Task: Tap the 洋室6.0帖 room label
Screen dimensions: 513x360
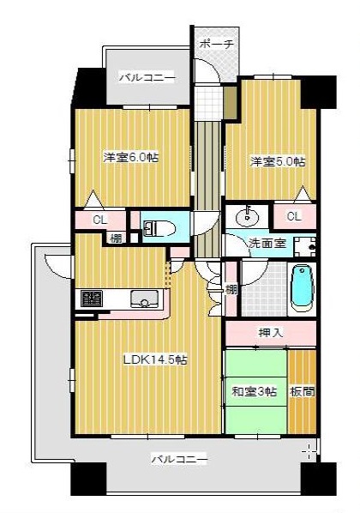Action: pyautogui.click(x=131, y=157)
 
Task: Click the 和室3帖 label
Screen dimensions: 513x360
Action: pyautogui.click(x=254, y=391)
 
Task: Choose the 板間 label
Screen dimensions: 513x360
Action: pyautogui.click(x=302, y=391)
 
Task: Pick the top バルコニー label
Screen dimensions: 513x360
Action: pyautogui.click(x=147, y=77)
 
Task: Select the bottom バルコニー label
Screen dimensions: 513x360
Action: pyautogui.click(x=179, y=460)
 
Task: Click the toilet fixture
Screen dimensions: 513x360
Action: pyautogui.click(x=160, y=228)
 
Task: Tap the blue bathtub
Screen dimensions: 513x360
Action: pyautogui.click(x=301, y=289)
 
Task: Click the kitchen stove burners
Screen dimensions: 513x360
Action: pyautogui.click(x=91, y=299)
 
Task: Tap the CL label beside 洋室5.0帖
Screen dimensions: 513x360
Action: pyautogui.click(x=294, y=215)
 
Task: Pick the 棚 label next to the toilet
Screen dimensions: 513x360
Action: pyautogui.click(x=115, y=238)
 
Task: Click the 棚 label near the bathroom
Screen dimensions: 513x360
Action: pyautogui.click(x=231, y=289)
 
